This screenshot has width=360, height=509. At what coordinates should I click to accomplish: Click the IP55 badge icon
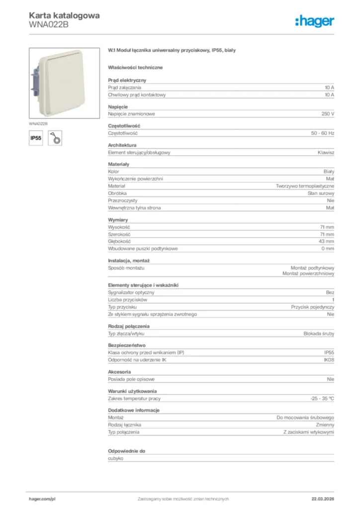36,139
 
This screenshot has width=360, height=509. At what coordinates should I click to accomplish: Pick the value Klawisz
326,153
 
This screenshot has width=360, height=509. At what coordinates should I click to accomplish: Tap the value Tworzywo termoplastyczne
305,186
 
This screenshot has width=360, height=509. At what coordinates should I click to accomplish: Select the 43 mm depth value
327,241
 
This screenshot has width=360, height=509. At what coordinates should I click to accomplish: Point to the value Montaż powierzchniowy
308,274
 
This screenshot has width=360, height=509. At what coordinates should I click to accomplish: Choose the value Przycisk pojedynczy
313,307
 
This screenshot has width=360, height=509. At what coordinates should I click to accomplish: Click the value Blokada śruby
319,334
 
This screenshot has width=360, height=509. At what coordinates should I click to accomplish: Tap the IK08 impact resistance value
329,360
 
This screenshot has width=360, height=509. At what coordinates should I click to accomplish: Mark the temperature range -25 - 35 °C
322,399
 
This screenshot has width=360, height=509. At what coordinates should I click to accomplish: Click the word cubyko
115,458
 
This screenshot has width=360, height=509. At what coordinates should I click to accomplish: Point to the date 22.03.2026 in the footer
319,499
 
